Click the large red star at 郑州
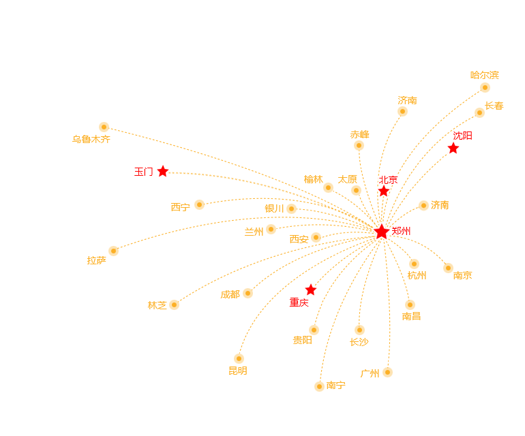(x=382, y=232)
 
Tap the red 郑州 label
(x=401, y=232)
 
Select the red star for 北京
(x=384, y=191)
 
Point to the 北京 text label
(x=388, y=180)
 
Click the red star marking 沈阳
(x=453, y=148)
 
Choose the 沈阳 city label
(x=462, y=136)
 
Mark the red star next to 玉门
(x=162, y=171)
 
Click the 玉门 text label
(x=143, y=172)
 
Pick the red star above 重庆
(x=311, y=290)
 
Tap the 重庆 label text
(x=299, y=302)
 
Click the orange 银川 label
(x=274, y=208)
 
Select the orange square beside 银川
(x=292, y=208)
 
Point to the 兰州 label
(x=254, y=232)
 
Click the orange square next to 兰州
(x=271, y=229)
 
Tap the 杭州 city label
(x=417, y=275)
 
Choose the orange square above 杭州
(x=415, y=264)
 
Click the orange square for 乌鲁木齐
(x=104, y=127)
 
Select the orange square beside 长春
(x=480, y=112)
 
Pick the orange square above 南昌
(x=410, y=305)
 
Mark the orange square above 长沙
(x=359, y=330)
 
